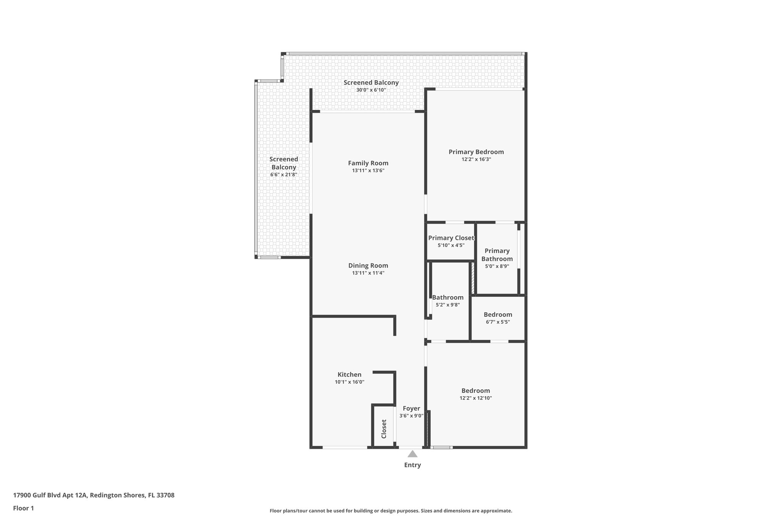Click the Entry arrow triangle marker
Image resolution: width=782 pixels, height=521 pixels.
click(412, 454)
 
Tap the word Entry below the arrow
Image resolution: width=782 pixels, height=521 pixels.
click(412, 465)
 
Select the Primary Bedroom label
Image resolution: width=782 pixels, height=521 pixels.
click(476, 152)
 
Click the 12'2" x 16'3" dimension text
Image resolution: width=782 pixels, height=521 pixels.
click(476, 160)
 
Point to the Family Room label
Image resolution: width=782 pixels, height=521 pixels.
click(368, 163)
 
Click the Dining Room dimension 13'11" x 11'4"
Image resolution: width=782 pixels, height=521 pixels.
click(368, 273)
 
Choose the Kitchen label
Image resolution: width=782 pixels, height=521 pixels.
click(349, 374)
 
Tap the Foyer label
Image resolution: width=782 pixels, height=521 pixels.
click(411, 408)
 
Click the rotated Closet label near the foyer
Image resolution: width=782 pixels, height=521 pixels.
click(384, 429)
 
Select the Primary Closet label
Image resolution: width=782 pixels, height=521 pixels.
click(451, 238)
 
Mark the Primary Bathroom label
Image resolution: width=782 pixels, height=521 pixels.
click(497, 255)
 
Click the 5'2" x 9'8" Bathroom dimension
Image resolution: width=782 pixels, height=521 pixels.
click(448, 305)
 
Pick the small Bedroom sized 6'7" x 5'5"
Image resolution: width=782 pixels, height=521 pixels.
click(498, 315)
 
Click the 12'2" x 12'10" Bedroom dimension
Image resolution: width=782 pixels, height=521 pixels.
click(476, 398)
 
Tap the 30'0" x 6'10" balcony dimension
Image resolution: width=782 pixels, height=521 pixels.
click(371, 90)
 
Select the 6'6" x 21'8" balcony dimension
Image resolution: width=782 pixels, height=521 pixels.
click(284, 174)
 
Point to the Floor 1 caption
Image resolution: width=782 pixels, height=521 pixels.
click(23, 508)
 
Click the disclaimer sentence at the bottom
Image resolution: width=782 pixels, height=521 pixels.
click(391, 511)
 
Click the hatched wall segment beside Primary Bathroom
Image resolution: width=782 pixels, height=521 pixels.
click(473, 278)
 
